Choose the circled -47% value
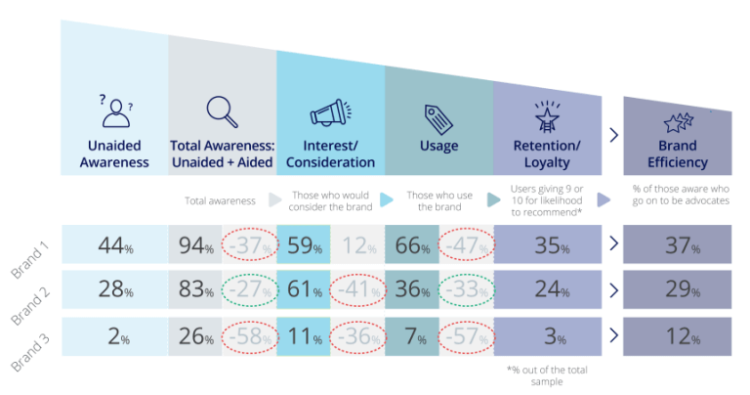pyautogui.click(x=466, y=244)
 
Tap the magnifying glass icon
pyautogui.click(x=222, y=111)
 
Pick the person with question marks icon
pyautogui.click(x=115, y=111)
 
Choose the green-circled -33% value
pyautogui.click(x=466, y=290)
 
